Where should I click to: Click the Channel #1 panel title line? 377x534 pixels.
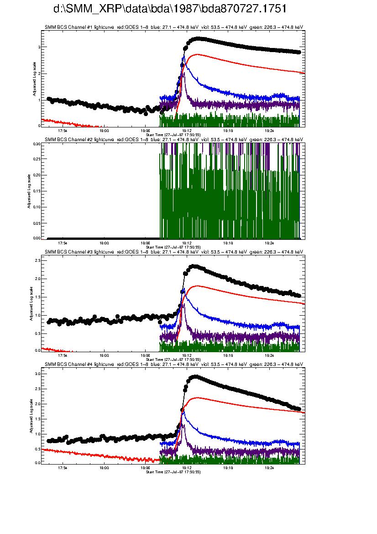[173, 27]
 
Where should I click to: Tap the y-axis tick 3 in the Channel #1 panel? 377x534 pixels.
[39, 47]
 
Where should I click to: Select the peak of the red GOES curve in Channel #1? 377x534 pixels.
[196, 54]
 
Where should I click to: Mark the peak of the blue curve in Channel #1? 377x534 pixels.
[183, 57]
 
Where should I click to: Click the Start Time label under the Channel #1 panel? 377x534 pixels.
[173, 135]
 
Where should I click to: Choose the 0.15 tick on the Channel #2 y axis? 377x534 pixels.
[37, 191]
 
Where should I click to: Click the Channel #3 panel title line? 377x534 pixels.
[173, 252]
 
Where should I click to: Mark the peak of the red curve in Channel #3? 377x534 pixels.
[197, 286]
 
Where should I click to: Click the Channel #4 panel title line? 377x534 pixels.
[173, 364]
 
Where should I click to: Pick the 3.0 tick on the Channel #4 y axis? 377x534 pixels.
[37, 374]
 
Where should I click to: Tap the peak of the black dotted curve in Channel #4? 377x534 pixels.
[195, 377]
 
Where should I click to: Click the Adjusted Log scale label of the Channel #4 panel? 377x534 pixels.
[31, 416]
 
